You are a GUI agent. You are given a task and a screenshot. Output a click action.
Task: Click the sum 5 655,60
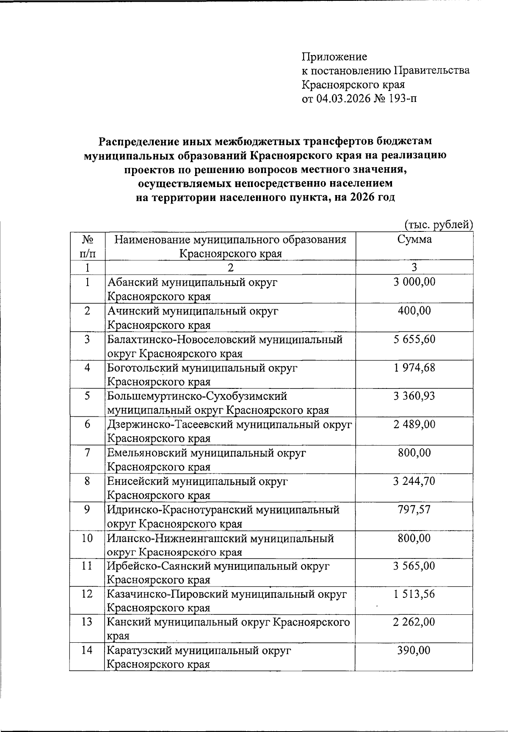(414, 339)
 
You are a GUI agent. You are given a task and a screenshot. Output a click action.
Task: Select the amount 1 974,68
(414, 368)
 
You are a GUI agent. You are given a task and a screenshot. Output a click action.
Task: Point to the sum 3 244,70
(414, 481)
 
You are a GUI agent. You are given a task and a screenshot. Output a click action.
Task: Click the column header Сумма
(414, 239)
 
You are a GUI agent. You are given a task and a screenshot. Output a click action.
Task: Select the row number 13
(87, 622)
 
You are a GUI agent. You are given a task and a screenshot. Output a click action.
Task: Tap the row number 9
(87, 509)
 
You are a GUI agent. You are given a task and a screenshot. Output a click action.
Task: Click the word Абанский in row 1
(132, 282)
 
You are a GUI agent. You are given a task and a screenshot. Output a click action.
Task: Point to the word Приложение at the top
(334, 56)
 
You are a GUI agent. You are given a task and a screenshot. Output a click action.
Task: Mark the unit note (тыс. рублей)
(438, 224)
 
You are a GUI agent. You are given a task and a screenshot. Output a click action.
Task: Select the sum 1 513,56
(414, 594)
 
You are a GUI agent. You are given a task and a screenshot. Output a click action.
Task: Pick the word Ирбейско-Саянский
(163, 566)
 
